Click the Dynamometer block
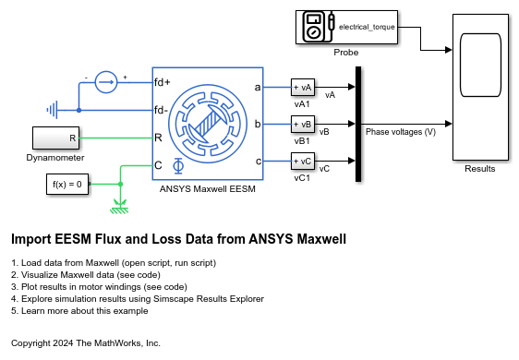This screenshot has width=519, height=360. (56, 138)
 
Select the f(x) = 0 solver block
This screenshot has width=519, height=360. (67, 184)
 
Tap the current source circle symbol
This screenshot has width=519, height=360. (106, 82)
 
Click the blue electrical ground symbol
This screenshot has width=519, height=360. (53, 110)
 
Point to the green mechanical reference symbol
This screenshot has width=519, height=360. (119, 207)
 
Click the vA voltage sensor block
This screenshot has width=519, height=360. (303, 88)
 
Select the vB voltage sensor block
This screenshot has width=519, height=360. (303, 124)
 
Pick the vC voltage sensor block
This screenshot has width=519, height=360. (303, 162)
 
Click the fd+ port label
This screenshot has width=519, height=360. (163, 82)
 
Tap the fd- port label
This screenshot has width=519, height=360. (162, 110)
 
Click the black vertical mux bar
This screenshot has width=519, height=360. (358, 124)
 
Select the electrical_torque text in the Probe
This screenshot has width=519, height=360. (367, 27)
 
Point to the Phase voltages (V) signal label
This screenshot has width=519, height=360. (401, 132)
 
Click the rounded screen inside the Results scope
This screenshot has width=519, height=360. (480, 65)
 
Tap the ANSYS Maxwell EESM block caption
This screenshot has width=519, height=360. (208, 189)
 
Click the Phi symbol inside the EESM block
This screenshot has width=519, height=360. (178, 166)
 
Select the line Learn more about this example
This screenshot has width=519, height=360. (79, 311)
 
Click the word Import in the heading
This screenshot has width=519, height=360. (31, 239)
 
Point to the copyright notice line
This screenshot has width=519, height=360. (86, 343)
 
